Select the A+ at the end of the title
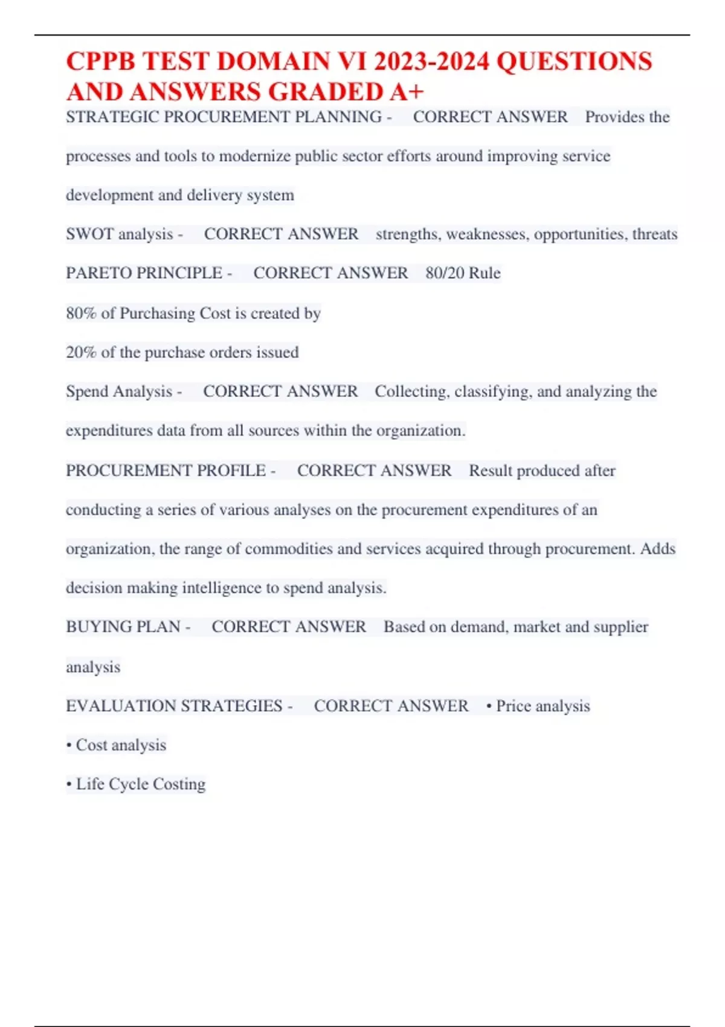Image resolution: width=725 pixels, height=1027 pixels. pos(407,92)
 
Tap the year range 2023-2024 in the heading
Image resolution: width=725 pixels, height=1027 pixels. pos(431,62)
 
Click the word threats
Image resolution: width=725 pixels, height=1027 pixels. pos(655,234)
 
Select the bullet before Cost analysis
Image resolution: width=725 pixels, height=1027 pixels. pos(69,745)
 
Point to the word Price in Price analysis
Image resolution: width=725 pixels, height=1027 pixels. pos(513,706)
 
